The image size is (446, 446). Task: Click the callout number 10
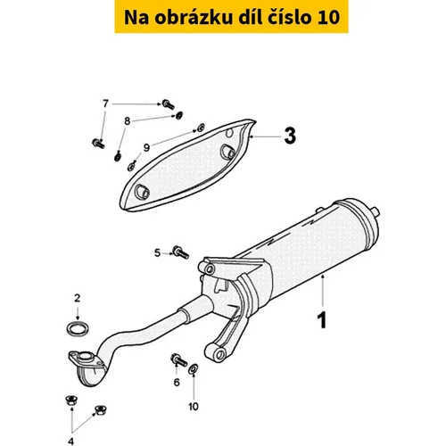pyautogui.click(x=194, y=407)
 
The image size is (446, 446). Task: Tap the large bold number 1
pyautogui.click(x=322, y=320)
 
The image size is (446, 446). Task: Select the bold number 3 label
pyautogui.click(x=290, y=136)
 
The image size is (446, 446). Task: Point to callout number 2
pyautogui.click(x=78, y=298)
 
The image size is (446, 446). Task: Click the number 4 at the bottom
pyautogui.click(x=70, y=442)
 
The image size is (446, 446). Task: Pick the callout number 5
pyautogui.click(x=157, y=253)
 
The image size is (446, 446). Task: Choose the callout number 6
pyautogui.click(x=177, y=382)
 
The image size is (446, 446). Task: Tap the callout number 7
pyautogui.click(x=105, y=103)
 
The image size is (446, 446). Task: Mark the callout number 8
pyautogui.click(x=128, y=121)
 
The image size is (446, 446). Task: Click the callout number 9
pyautogui.click(x=146, y=147)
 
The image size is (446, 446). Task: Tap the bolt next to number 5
pyautogui.click(x=181, y=252)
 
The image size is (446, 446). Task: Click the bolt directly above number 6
pyautogui.click(x=179, y=360)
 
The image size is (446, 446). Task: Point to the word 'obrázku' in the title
pyautogui.click(x=194, y=17)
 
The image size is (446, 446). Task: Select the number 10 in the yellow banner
pyautogui.click(x=328, y=17)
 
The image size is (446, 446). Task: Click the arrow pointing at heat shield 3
pyautogui.click(x=266, y=136)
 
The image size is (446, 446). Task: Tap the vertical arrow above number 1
pyautogui.click(x=323, y=291)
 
